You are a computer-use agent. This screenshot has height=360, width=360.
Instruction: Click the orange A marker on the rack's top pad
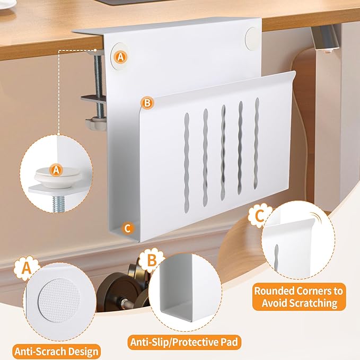[121, 56]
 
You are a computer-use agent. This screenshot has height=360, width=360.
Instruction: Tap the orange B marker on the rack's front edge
[147, 102]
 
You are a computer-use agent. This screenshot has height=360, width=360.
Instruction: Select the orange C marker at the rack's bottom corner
[127, 228]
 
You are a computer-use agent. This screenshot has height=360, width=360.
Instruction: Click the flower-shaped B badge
[151, 260]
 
